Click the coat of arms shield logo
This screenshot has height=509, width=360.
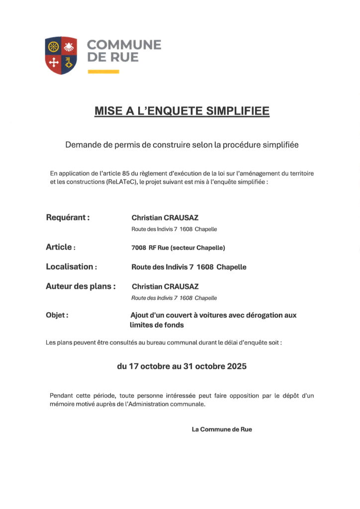61,55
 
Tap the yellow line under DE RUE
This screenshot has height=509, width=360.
103,72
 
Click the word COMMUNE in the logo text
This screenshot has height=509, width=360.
124,45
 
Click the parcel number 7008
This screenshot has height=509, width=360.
139,248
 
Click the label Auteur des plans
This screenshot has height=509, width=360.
81,286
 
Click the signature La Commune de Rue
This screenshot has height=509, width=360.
222,429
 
